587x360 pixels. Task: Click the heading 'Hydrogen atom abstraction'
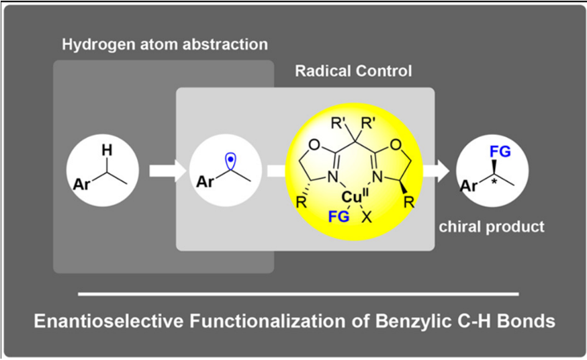tap(165, 44)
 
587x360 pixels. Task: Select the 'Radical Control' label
tap(353, 71)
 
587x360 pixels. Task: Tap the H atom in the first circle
tap(107, 150)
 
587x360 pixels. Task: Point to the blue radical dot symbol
tap(231, 160)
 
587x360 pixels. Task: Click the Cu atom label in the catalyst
tap(351, 197)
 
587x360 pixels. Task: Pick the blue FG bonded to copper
tap(338, 217)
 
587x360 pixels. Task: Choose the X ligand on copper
tap(367, 217)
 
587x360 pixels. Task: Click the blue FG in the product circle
tap(500, 152)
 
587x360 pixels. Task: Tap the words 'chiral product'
tap(492, 227)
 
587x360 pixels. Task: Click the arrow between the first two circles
tap(168, 171)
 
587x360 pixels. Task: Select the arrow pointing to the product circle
tap(435, 171)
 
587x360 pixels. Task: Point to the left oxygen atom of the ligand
tap(315, 145)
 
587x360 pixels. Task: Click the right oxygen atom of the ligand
tap(396, 145)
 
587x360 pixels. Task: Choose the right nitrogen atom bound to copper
tap(377, 176)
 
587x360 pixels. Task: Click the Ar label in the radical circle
tap(205, 182)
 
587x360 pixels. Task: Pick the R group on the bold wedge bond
tap(409, 202)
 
